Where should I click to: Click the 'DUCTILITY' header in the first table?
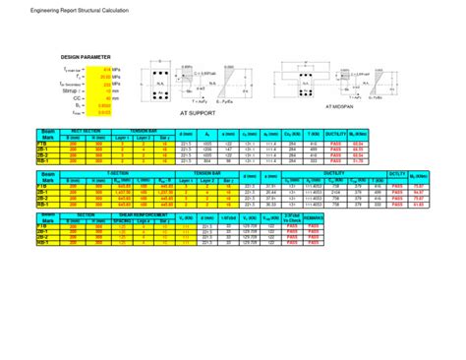(306, 132)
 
